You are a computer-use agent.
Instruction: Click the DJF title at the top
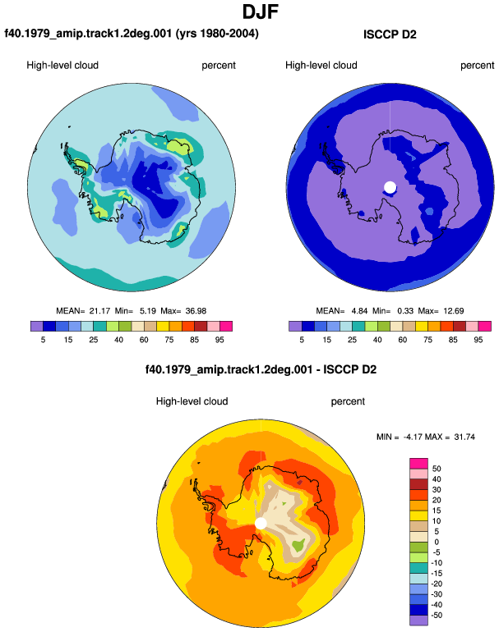[261, 12]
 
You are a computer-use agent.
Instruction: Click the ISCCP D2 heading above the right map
[390, 34]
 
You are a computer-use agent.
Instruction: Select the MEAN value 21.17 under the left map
[99, 311]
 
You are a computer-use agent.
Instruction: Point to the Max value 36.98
[196, 311]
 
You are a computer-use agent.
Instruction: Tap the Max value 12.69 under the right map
[454, 311]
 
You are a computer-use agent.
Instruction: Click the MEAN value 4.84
[359, 311]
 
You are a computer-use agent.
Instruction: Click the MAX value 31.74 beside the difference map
[464, 437]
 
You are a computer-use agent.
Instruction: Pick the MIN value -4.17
[413, 437]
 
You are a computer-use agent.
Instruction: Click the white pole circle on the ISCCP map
[390, 187]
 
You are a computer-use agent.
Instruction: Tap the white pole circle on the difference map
[261, 524]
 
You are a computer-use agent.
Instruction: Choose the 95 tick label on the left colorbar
[219, 340]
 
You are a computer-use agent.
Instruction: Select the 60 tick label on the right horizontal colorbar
[403, 340]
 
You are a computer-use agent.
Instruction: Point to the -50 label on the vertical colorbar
[436, 615]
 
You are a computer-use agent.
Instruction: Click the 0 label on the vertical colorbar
[437, 542]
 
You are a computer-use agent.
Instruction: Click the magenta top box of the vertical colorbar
[418, 463]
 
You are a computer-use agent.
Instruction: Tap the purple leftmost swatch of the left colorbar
[37, 326]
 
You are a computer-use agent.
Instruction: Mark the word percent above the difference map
[348, 401]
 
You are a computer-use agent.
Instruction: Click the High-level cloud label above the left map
[62, 66]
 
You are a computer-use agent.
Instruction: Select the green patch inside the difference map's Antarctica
[298, 546]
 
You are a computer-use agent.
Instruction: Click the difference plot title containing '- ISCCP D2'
[261, 369]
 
